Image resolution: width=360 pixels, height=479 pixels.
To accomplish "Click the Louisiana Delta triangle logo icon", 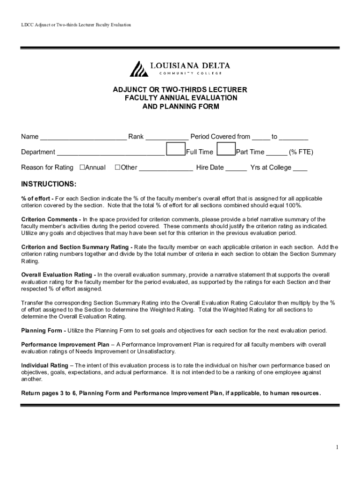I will pos(138,69).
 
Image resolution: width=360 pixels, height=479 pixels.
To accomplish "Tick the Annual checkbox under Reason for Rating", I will pos(82,167).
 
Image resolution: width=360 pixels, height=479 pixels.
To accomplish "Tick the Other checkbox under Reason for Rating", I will pos(117,167).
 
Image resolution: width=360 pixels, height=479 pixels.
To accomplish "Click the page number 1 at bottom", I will pos(337,447).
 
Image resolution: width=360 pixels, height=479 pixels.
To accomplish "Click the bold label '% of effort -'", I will pos(37,199).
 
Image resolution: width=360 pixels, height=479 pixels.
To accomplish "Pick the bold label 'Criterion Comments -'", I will pos(51,219).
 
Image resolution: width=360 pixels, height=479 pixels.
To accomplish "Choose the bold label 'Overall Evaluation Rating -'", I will pos(59,275).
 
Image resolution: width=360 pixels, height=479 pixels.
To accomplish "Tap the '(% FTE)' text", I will pos(301,152).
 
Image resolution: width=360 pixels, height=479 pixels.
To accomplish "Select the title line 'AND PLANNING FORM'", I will pos(180,106).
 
